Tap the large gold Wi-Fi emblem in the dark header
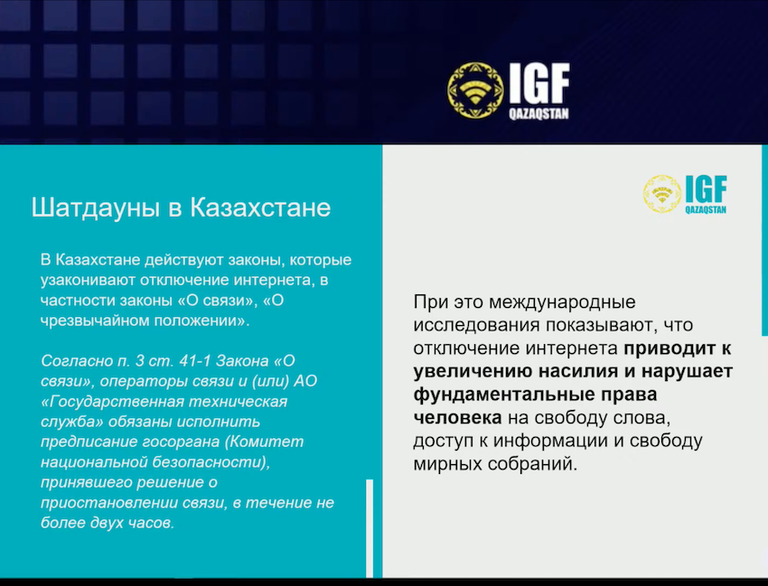pyautogui.click(x=475, y=90)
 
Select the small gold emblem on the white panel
pyautogui.click(x=661, y=194)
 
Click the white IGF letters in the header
pyautogui.click(x=539, y=84)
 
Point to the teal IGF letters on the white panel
pyautogui.click(x=706, y=189)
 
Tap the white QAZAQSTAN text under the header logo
pyautogui.click(x=539, y=114)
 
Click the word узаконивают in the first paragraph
pyautogui.click(x=89, y=281)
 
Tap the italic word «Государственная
pyautogui.click(x=112, y=402)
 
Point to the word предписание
pyautogui.click(x=89, y=442)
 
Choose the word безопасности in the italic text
pyautogui.click(x=211, y=462)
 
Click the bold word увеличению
pyautogui.click(x=473, y=372)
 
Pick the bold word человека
pyautogui.click(x=457, y=417)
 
